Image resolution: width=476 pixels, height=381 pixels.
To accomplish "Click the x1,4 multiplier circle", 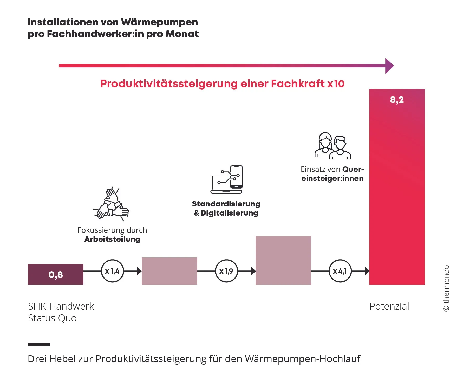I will point(112,271).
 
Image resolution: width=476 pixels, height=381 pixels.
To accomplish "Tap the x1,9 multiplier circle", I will point(226,271).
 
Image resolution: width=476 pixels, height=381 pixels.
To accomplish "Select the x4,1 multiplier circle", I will point(340,271).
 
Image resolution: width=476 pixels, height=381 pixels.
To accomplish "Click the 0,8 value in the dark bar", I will point(56,275).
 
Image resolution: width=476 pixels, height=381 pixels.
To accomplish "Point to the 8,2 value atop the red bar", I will point(397,100).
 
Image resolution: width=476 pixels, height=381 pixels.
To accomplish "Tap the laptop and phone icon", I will point(227,179).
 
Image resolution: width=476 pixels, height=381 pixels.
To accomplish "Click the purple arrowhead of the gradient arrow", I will point(389,66).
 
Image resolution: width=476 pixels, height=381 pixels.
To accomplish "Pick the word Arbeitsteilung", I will point(112,239).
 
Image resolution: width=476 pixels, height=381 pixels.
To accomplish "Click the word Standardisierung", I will point(226,204).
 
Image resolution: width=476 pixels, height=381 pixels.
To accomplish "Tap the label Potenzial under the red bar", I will point(389,306).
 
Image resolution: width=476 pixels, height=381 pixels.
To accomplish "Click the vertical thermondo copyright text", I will point(446,288).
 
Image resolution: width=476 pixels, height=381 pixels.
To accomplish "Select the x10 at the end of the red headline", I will point(336,84).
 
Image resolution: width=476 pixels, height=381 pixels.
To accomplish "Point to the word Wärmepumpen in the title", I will point(159,22).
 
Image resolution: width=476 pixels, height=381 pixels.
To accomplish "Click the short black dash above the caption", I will point(39,345).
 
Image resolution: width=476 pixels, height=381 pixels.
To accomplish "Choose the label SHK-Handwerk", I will point(61,306).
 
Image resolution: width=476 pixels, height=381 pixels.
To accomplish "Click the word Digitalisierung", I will point(229,213).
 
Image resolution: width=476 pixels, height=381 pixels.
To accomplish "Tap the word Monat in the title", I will point(182,34).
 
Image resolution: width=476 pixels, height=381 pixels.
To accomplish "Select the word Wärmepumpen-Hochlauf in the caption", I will point(302,359).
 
